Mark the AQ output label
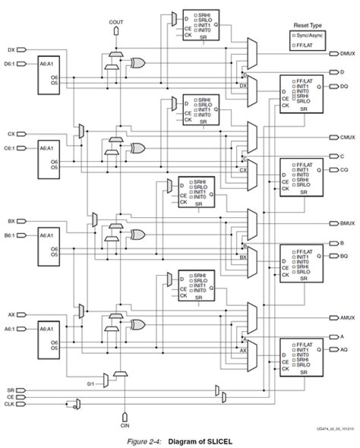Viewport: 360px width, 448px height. [343, 348]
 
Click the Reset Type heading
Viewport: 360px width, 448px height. [305, 25]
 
